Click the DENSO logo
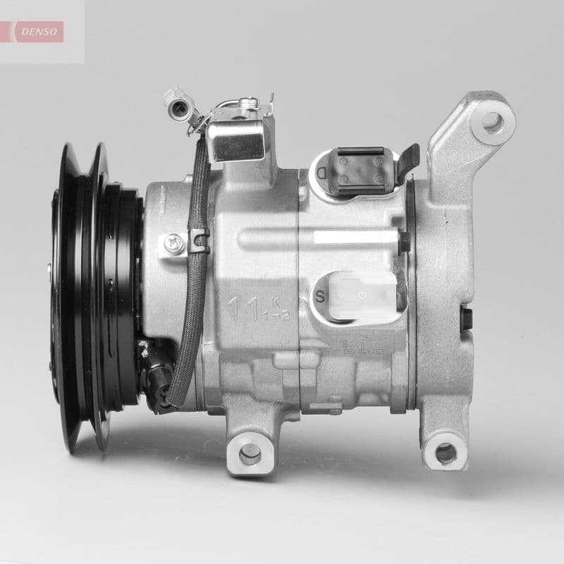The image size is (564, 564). tap(40, 31)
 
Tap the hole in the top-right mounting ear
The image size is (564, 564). tap(492, 123)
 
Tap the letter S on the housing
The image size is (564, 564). tap(321, 295)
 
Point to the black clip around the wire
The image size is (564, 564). tap(200, 241)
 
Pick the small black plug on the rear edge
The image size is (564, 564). tap(465, 318)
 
